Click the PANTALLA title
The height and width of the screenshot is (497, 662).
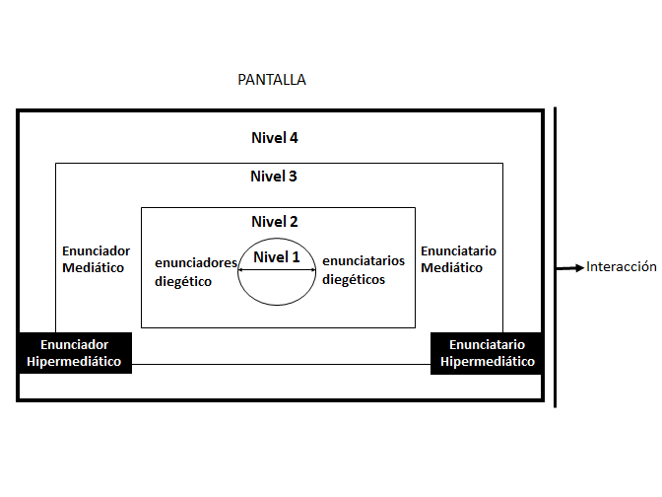point(272,80)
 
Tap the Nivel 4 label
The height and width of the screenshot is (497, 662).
point(275,138)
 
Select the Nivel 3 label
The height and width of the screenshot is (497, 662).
point(274,177)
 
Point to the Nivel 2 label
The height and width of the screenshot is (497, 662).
point(275,222)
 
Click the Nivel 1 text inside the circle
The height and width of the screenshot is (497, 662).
point(277,257)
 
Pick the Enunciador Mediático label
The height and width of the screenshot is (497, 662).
point(96,259)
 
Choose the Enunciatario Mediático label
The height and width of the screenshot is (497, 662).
point(458,259)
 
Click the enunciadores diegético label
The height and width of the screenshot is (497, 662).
point(195,271)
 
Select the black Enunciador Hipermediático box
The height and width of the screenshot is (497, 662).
point(75,353)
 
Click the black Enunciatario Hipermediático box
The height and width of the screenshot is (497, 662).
point(487,353)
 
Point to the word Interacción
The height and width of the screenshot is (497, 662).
point(621,267)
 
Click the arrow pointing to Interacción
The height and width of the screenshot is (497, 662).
point(570,267)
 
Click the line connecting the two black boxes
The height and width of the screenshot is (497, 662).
point(282,365)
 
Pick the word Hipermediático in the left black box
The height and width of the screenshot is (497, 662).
point(75,362)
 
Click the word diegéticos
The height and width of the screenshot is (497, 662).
point(354,279)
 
